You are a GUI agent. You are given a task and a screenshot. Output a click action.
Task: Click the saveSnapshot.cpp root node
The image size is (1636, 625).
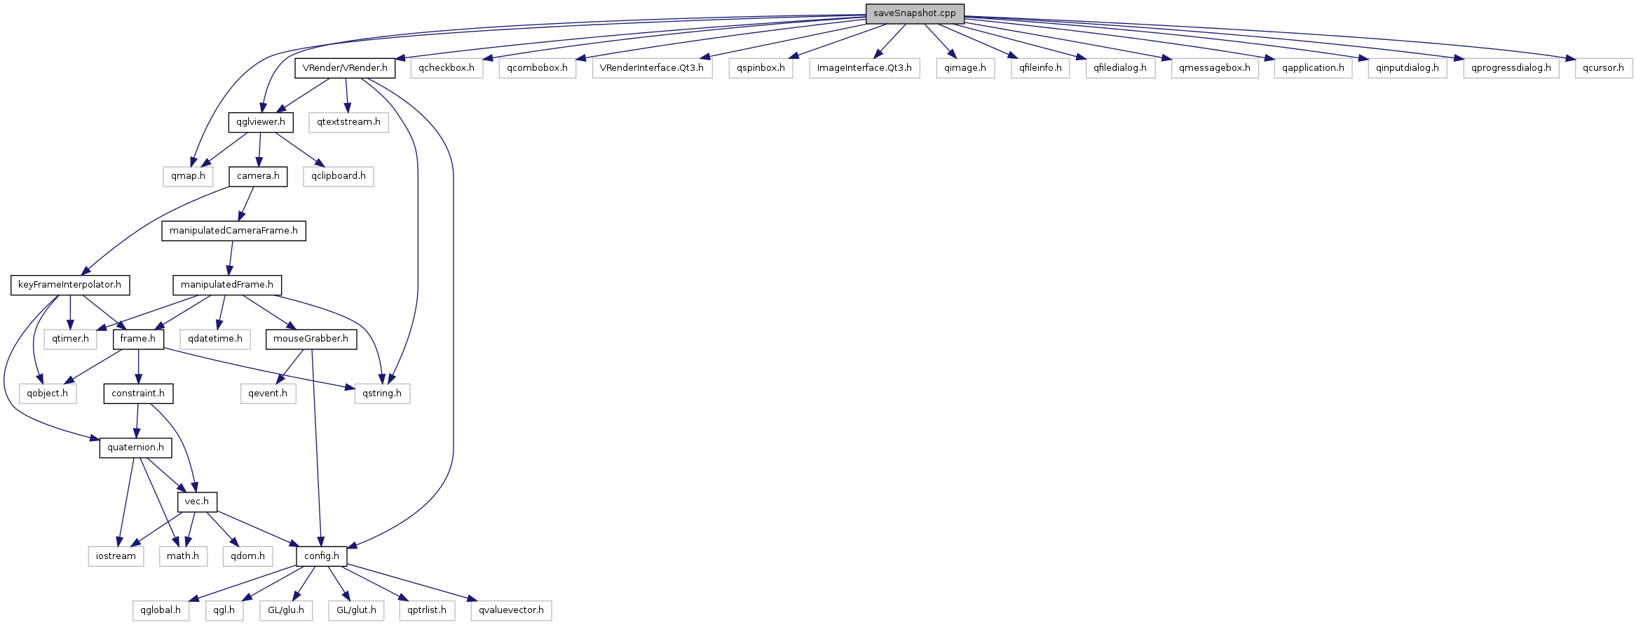tap(914, 13)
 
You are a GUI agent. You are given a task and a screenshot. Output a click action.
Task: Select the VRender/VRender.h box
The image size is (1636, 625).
tap(345, 68)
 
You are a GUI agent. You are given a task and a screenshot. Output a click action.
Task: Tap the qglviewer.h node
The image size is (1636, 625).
tap(260, 122)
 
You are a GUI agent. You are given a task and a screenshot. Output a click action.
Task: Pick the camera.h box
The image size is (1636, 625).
tap(258, 176)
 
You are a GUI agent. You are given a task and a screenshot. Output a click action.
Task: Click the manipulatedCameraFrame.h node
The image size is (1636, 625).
tap(233, 231)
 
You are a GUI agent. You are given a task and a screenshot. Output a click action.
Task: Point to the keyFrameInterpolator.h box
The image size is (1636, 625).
tap(69, 285)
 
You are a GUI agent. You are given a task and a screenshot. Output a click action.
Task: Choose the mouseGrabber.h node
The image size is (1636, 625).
tap(311, 339)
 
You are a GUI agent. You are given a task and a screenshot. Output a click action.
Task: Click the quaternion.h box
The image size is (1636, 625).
tap(135, 448)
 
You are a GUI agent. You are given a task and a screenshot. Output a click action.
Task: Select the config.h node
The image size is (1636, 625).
tap(321, 556)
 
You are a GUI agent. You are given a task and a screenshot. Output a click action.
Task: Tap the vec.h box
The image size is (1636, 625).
tap(196, 502)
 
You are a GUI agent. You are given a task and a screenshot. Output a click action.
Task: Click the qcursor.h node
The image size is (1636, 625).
tap(1603, 68)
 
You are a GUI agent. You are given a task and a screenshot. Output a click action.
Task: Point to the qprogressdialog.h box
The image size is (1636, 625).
tap(1511, 68)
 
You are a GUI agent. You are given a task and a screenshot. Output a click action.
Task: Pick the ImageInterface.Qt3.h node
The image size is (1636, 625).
tap(864, 68)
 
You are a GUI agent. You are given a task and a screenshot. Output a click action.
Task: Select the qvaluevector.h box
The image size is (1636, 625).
tap(511, 610)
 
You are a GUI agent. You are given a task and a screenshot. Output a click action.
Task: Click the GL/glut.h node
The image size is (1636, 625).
tap(356, 610)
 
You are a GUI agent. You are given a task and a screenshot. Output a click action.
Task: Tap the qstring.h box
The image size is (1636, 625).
tap(382, 394)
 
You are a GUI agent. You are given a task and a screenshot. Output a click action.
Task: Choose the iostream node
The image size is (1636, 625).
tap(116, 556)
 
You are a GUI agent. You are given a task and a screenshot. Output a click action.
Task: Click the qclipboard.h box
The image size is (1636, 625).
tap(339, 176)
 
